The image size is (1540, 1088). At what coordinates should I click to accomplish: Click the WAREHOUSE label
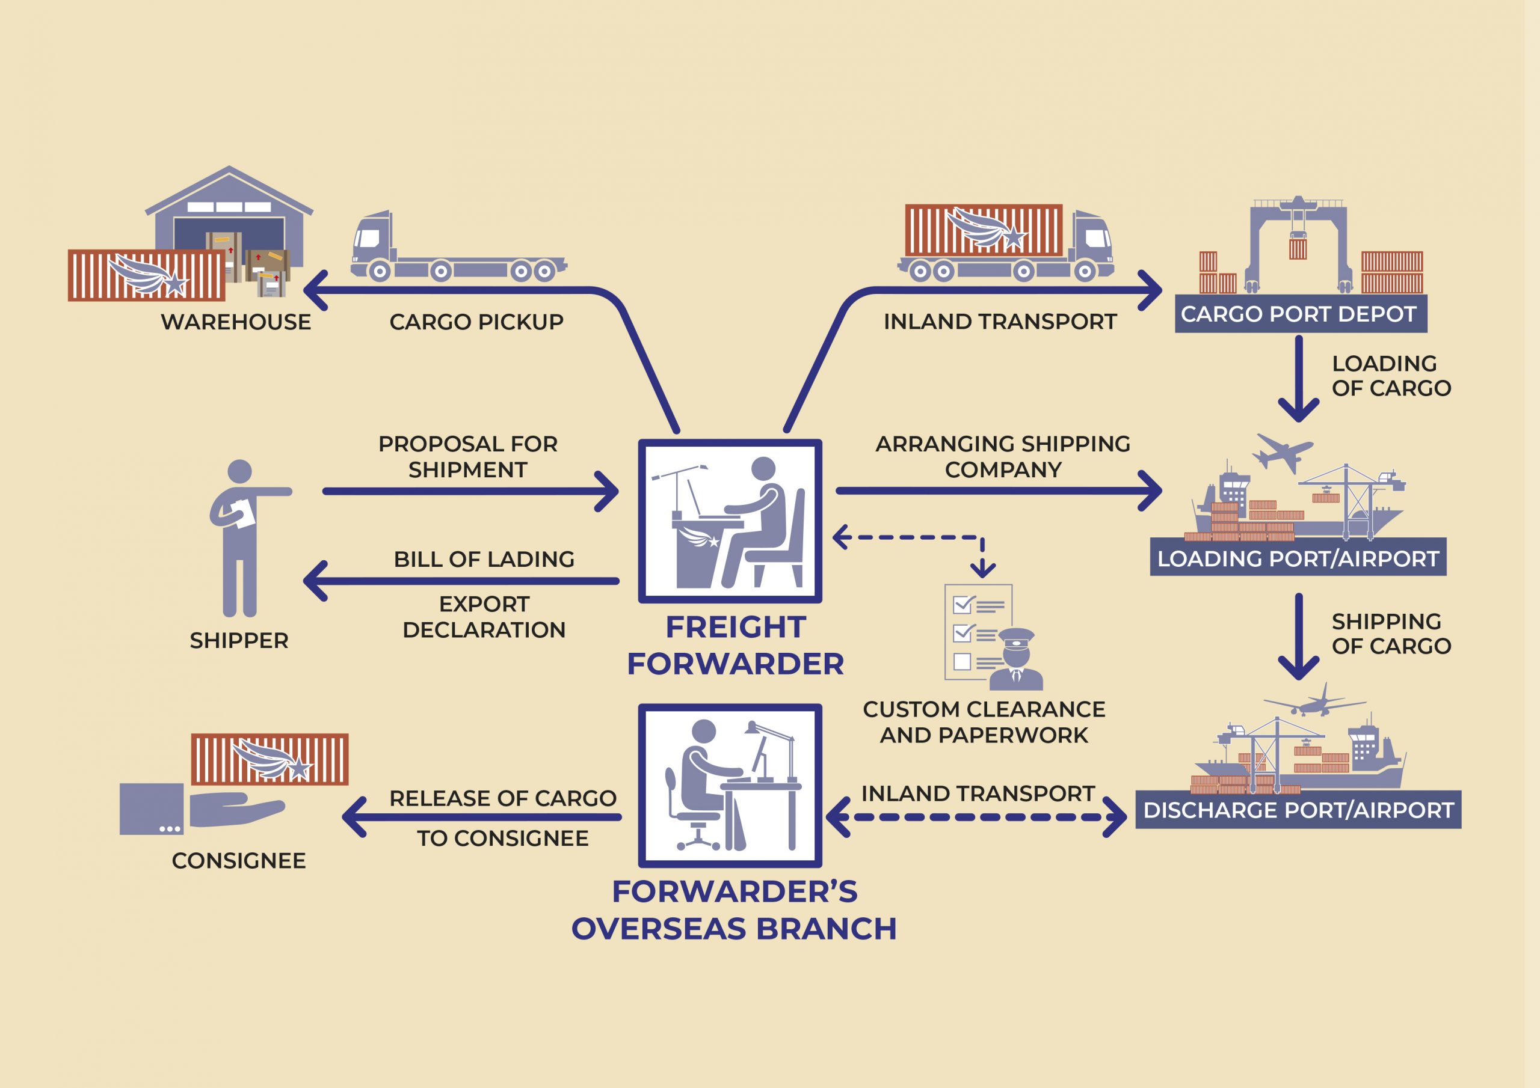pos(235,322)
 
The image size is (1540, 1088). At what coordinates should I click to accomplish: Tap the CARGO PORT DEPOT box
pos(1300,314)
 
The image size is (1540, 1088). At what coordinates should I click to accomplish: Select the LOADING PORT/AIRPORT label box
pos(1298,558)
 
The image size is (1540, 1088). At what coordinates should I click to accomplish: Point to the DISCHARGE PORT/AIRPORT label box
pos(1298,810)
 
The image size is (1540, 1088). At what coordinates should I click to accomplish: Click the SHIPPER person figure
pos(240,536)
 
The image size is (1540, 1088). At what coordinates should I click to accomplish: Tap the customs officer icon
pos(1016,660)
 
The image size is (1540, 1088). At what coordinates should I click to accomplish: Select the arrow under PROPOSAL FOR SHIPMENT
pos(469,491)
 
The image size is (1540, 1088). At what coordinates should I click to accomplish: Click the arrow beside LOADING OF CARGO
pos(1299,379)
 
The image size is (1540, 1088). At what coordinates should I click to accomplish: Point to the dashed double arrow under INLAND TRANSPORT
pos(976,817)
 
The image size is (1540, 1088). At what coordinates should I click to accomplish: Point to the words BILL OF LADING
pos(484,559)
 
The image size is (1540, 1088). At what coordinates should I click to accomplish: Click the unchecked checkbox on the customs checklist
pos(962,661)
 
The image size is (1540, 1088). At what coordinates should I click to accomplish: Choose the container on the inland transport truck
pos(984,230)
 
